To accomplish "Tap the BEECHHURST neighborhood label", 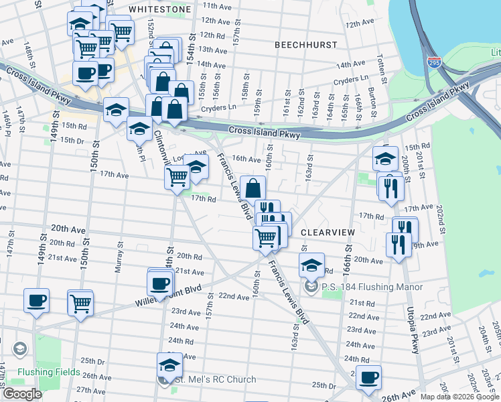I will [x=305, y=44].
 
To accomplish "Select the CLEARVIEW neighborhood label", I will [x=327, y=232].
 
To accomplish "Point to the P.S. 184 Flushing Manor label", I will [x=372, y=287].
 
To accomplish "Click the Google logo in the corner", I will [x=22, y=394].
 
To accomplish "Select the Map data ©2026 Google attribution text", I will [x=460, y=397].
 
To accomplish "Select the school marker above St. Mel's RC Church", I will [x=169, y=365].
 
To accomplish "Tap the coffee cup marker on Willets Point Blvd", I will [x=160, y=282].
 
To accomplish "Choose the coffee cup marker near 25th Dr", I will [x=368, y=377].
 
